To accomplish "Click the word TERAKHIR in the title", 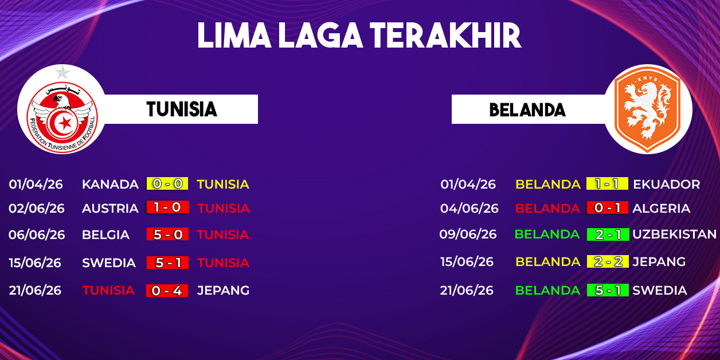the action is (x=445, y=36).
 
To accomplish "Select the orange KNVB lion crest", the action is (x=647, y=109).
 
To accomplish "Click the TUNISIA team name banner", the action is (x=182, y=109).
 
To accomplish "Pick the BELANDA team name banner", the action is (x=528, y=109).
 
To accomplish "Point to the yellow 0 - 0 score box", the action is (x=167, y=183).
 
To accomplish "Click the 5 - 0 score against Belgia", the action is (x=167, y=234).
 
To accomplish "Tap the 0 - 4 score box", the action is (x=167, y=291).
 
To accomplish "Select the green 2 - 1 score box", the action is (x=608, y=234).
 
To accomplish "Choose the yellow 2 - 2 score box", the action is (x=608, y=261).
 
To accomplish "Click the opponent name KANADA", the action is (x=110, y=184).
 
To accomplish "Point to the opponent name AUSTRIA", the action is (x=110, y=208).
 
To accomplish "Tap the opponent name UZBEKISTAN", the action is (x=674, y=234).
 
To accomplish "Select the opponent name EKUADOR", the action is (x=666, y=184).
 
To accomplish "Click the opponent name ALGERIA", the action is (x=661, y=208).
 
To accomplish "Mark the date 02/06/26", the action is (x=37, y=208).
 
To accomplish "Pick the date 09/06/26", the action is (x=468, y=234).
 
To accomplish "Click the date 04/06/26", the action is (x=469, y=208).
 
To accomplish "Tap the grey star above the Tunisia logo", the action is (x=62, y=72).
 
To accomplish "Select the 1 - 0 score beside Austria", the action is (x=167, y=207).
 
